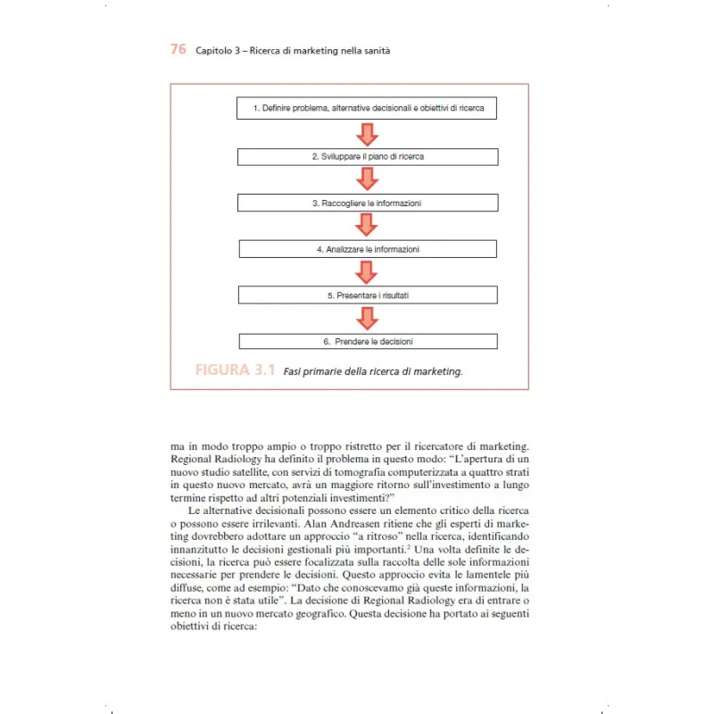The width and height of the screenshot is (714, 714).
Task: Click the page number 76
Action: click(178, 50)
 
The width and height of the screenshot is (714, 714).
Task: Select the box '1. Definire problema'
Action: click(367, 108)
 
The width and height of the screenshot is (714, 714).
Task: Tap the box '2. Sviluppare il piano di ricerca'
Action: click(367, 156)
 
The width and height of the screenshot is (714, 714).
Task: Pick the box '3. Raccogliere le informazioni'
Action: click(367, 203)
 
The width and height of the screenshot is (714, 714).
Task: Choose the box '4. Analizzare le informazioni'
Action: click(367, 249)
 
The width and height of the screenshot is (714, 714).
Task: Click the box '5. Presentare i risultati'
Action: click(367, 295)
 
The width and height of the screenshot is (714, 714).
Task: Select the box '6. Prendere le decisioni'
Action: click(367, 341)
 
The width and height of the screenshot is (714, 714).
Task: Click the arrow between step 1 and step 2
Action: click(367, 132)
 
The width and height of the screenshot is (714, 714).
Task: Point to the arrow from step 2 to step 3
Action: click(367, 179)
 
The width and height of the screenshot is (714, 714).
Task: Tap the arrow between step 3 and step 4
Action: click(367, 226)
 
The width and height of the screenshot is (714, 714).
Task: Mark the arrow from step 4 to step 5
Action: click(367, 272)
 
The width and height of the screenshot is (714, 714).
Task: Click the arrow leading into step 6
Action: click(367, 319)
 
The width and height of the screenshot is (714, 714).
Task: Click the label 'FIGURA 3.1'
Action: click(235, 370)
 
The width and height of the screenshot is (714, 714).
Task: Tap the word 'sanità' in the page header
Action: click(376, 51)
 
